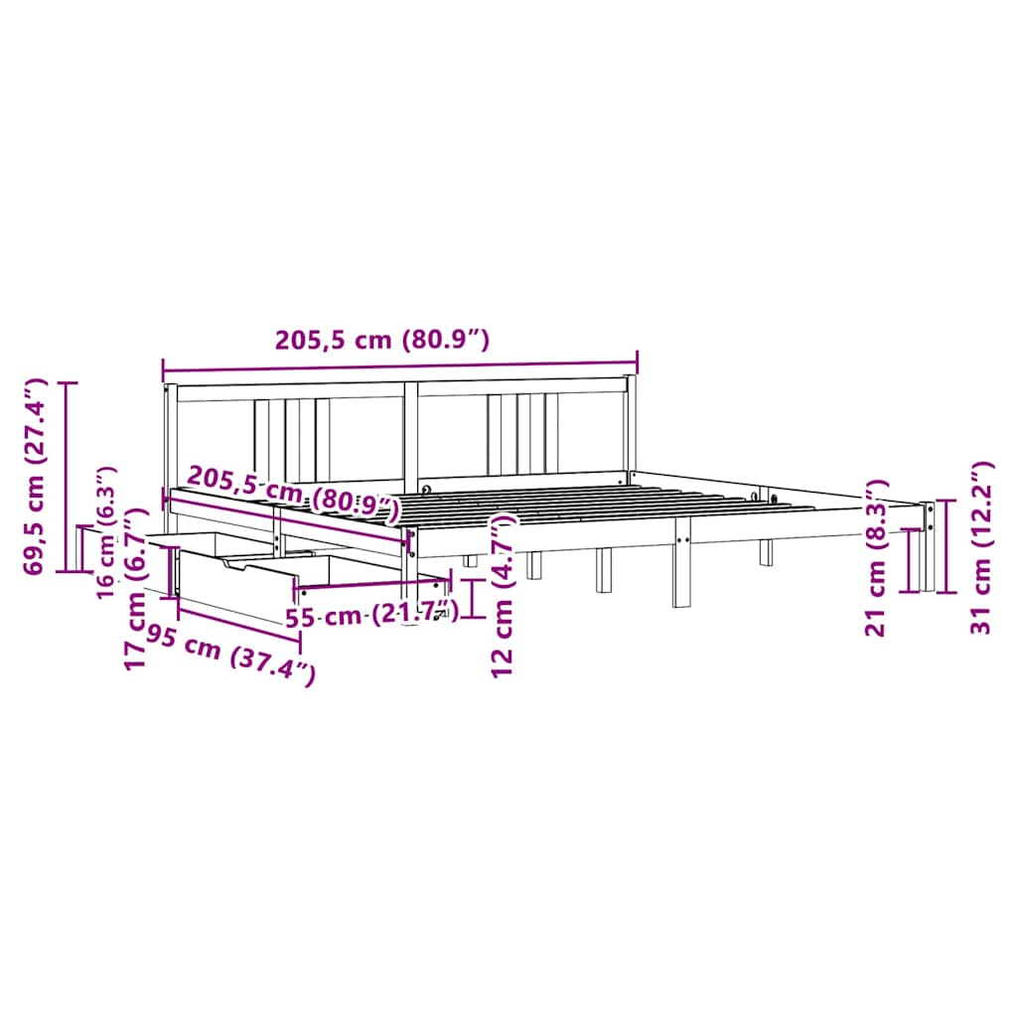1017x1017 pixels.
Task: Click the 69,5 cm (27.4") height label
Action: coord(35,477)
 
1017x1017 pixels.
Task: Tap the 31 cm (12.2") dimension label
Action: coord(980,548)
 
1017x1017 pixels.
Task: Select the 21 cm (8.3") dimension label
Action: coord(876,558)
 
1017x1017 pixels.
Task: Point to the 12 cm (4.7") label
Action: coord(503,596)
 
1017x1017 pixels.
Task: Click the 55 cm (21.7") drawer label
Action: coord(371,614)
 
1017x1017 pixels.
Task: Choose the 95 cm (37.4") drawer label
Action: coord(230,655)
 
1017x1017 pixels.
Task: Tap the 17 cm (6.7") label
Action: coord(136,589)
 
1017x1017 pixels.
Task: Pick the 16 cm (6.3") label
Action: coord(105,533)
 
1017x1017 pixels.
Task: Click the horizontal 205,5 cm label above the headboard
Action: coord(382,340)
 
